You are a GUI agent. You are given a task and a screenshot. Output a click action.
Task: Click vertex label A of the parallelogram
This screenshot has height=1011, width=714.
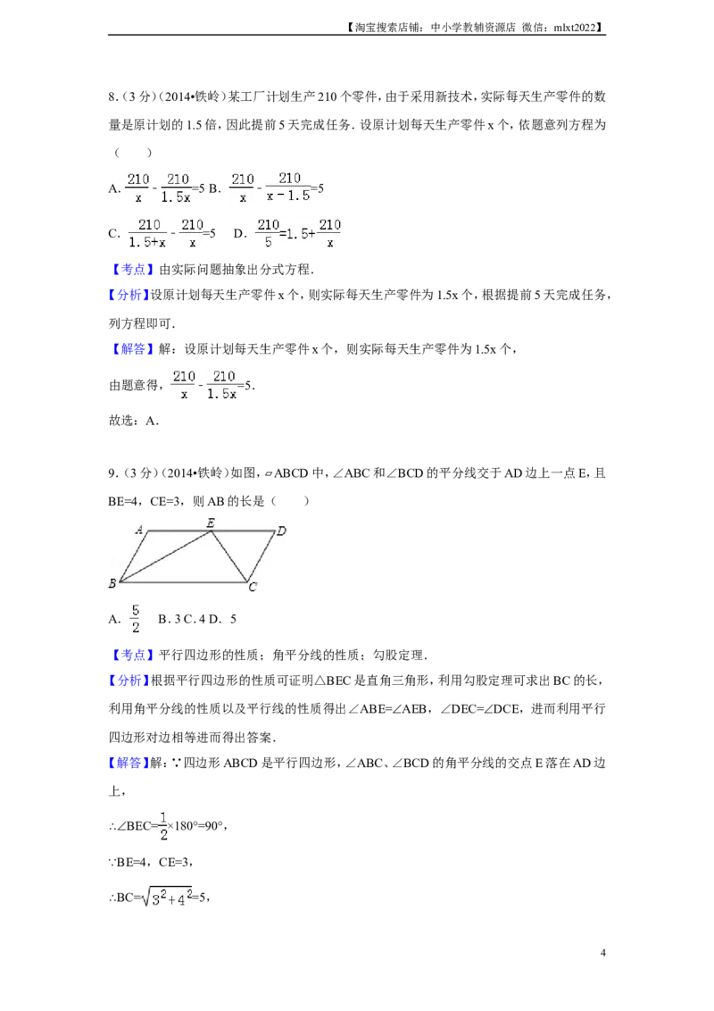[x=139, y=531]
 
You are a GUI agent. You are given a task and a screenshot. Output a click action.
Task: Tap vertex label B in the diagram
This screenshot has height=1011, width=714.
[x=112, y=584]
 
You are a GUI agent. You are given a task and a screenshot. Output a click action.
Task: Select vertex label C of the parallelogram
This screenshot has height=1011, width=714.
[x=253, y=587]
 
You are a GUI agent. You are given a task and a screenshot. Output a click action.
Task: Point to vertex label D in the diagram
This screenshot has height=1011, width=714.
[x=281, y=531]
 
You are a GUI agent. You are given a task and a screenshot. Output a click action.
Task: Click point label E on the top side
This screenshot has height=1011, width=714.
[x=210, y=522]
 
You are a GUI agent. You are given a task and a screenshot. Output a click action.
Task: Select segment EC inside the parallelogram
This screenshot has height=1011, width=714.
[x=228, y=556]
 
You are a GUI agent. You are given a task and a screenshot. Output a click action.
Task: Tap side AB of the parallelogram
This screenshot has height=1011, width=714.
[x=133, y=556]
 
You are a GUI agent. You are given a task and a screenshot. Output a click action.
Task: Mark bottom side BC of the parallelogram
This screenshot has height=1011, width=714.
[x=183, y=581]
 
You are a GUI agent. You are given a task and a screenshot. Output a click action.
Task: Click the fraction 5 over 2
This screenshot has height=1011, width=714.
[x=137, y=619]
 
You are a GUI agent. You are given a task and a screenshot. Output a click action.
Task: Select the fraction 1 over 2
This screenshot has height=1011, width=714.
[x=163, y=825]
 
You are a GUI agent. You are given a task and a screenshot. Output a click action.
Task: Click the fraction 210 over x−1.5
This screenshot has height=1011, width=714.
[x=289, y=186]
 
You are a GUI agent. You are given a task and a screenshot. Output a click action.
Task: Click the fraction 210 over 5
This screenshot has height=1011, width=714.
[x=268, y=232]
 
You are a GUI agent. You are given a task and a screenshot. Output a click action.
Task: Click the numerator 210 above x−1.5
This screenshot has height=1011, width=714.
[x=289, y=178]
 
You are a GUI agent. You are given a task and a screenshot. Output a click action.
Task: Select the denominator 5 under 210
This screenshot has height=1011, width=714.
[x=268, y=242]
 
